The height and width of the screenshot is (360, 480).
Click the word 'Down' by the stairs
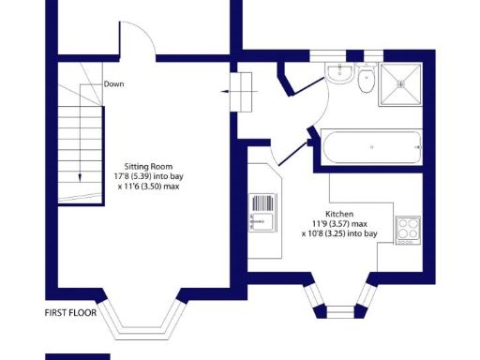point(114,82)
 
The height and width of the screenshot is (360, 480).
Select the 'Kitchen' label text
point(338,214)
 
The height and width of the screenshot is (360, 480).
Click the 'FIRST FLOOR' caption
point(71,312)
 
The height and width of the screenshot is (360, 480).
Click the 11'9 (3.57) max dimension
point(338,224)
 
